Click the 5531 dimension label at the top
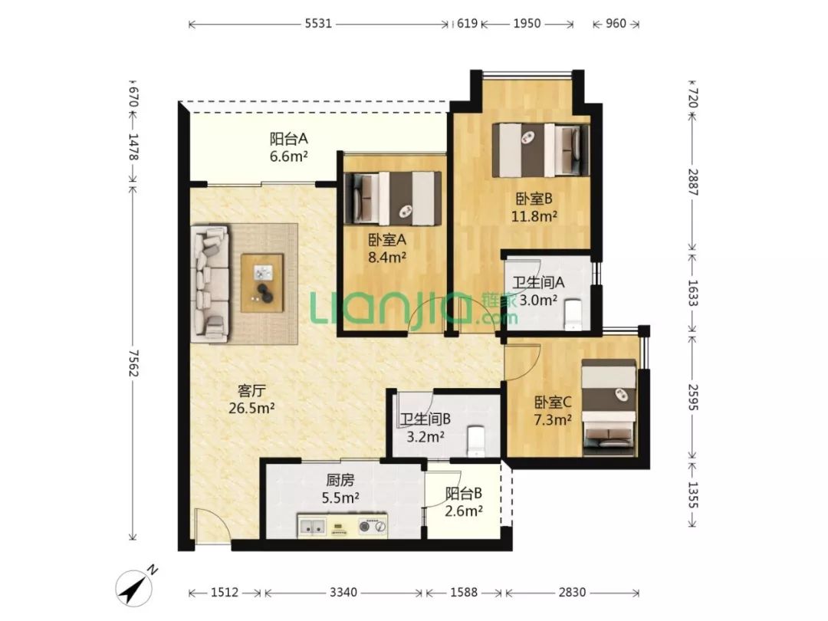pyautogui.click(x=318, y=23)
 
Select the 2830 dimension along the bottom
pyautogui.click(x=572, y=593)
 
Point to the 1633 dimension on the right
pyautogui.click(x=693, y=293)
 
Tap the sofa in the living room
pyautogui.click(x=210, y=282)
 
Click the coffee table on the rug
pyautogui.click(x=262, y=282)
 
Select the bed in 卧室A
pyautogui.click(x=393, y=198)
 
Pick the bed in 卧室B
pyautogui.click(x=540, y=150)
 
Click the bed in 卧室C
pyautogui.click(x=609, y=407)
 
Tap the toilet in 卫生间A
pyautogui.click(x=573, y=315)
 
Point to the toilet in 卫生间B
pyautogui.click(x=476, y=441)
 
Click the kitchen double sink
pyautogui.click(x=312, y=526)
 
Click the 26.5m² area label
pyautogui.click(x=251, y=408)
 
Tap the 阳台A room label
pyautogui.click(x=288, y=139)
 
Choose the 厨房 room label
pyautogui.click(x=340, y=480)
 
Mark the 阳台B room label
pyautogui.click(x=464, y=493)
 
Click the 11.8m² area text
pyautogui.click(x=534, y=216)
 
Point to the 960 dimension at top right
pyautogui.click(x=616, y=23)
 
